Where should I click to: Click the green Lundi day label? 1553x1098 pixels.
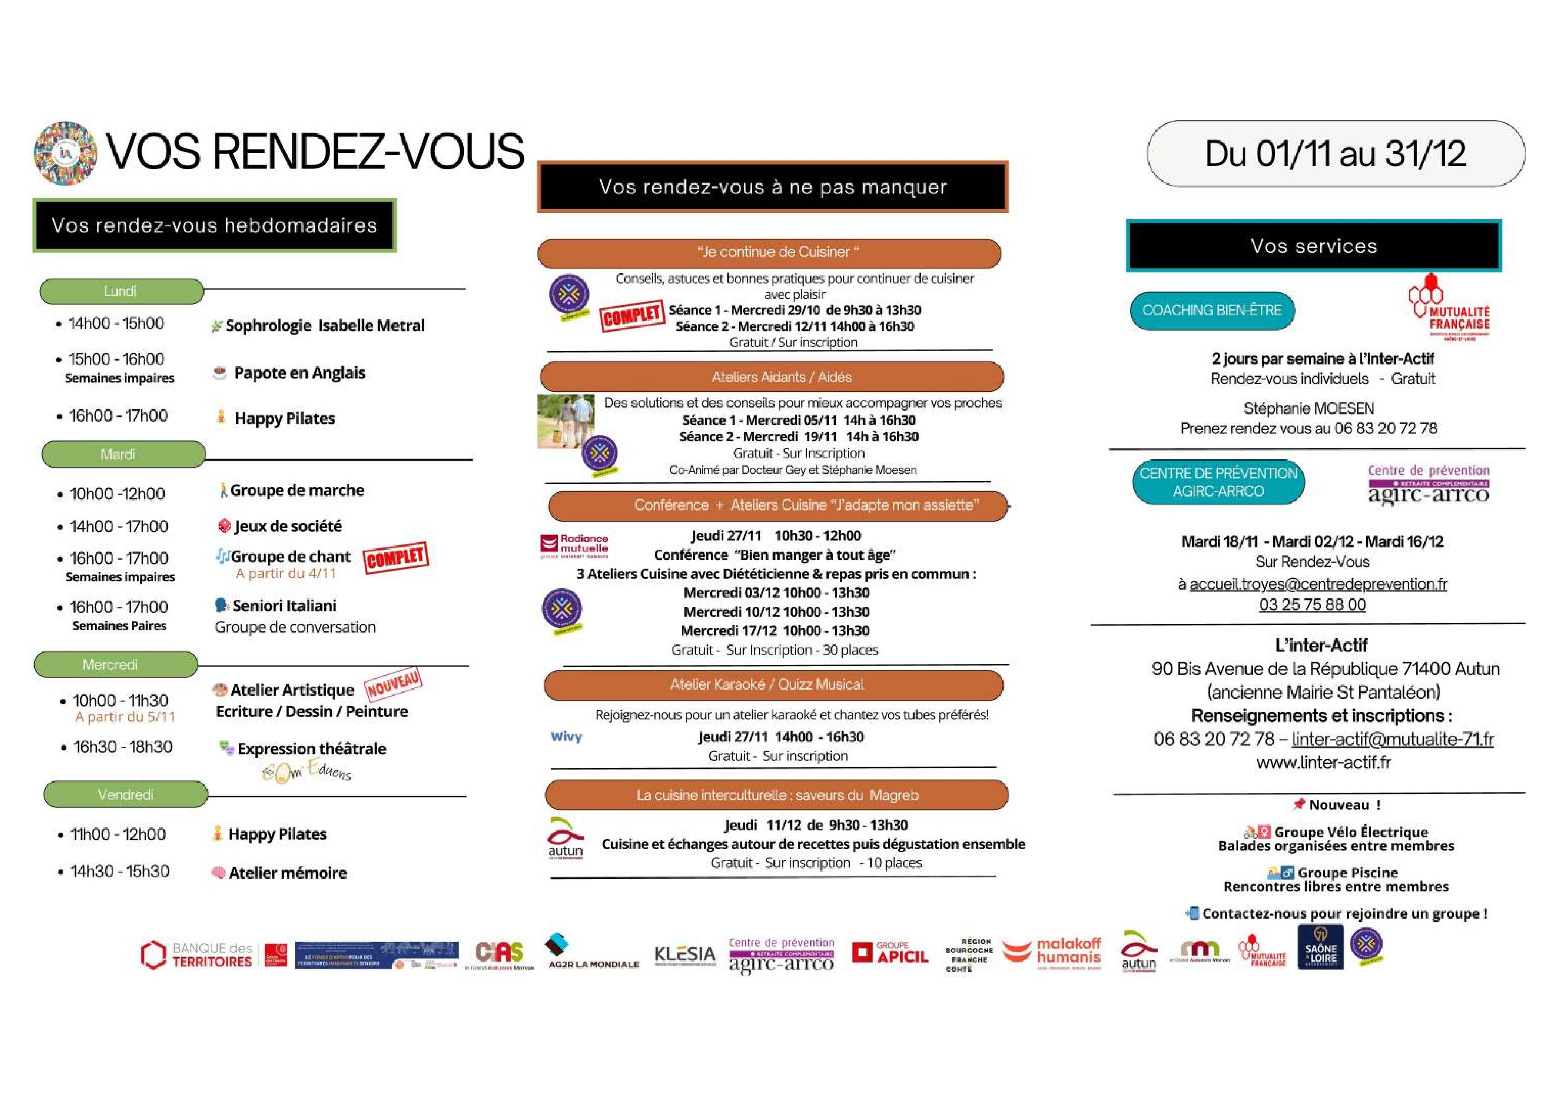tap(121, 291)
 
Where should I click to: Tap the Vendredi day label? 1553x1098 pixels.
tap(126, 794)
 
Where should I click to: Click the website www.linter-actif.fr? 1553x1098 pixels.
tap(1323, 762)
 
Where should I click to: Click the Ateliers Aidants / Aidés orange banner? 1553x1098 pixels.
tap(771, 377)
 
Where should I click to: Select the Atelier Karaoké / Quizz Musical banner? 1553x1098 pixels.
tap(773, 685)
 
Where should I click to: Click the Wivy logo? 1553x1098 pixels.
tap(566, 737)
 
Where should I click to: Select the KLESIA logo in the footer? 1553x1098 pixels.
tap(684, 954)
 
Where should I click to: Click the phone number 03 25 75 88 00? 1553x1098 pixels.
tap(1312, 605)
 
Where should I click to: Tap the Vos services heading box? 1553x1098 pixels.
tap(1313, 246)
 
